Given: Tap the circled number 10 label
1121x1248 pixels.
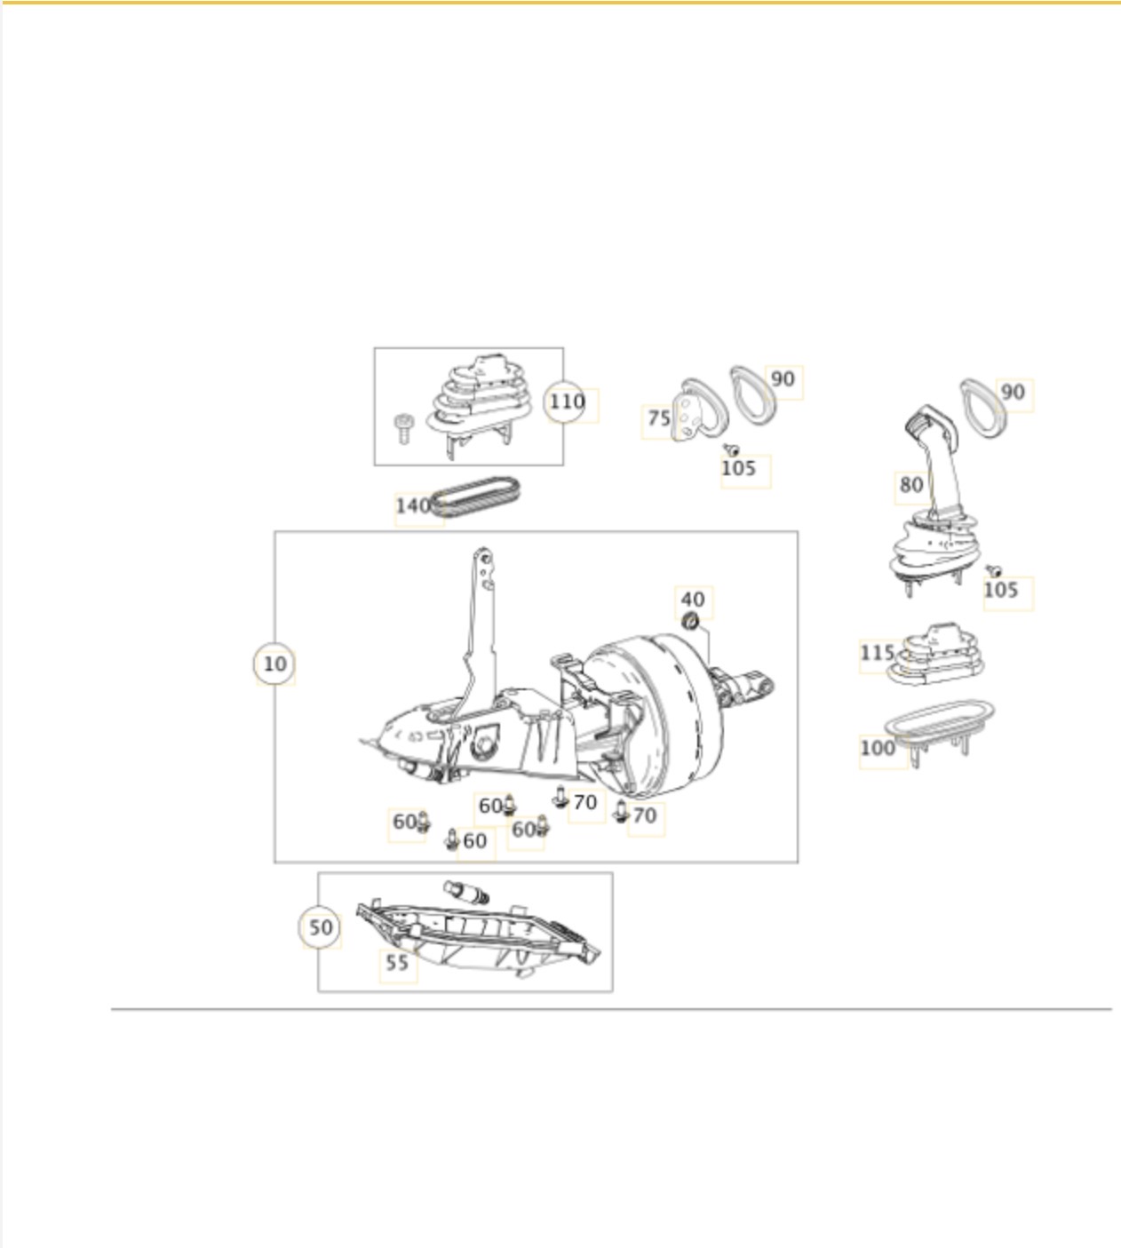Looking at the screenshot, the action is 274,664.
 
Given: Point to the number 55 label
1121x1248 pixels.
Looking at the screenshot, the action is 397,962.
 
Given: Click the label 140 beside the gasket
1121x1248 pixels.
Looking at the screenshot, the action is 412,505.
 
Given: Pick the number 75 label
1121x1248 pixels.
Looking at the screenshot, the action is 658,418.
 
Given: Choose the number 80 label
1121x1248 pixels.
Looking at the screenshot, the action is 911,485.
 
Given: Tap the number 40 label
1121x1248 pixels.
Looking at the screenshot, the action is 692,599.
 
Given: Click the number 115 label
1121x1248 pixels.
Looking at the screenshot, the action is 877,652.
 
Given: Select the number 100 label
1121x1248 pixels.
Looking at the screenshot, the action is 877,748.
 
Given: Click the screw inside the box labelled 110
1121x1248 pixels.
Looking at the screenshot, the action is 403,428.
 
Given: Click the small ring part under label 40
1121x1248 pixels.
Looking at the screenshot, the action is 690,620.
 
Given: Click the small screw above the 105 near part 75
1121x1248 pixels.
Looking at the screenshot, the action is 731,449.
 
